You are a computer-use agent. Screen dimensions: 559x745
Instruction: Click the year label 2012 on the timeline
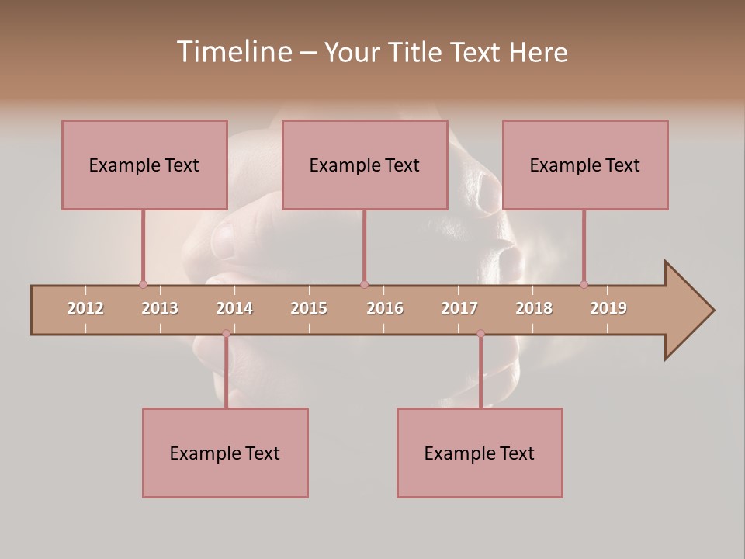(85, 308)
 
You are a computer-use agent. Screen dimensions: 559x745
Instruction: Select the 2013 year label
(160, 308)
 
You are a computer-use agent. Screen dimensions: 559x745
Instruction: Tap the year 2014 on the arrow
(234, 308)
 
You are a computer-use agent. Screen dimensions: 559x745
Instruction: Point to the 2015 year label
(309, 308)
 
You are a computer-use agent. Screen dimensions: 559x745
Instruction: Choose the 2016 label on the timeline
(385, 308)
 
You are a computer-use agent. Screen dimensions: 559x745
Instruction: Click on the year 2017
(459, 308)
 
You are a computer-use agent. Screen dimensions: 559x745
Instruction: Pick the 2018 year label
(534, 308)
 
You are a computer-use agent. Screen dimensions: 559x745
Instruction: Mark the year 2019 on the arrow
(608, 308)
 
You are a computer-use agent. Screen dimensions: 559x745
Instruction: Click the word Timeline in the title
(233, 52)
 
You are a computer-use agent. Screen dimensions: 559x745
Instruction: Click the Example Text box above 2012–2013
(144, 165)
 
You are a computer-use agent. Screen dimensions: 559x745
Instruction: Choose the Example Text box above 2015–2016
(365, 165)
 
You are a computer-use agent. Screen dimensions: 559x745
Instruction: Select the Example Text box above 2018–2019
(585, 165)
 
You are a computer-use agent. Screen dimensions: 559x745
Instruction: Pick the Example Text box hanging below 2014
(225, 453)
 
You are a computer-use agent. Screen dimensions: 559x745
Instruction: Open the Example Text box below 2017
(480, 453)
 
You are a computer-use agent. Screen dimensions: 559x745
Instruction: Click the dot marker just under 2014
(226, 334)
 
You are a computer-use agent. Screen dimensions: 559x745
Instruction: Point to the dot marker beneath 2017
(480, 334)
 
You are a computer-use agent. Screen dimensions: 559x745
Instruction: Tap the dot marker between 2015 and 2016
(364, 284)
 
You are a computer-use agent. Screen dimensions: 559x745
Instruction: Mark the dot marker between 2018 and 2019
(584, 284)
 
